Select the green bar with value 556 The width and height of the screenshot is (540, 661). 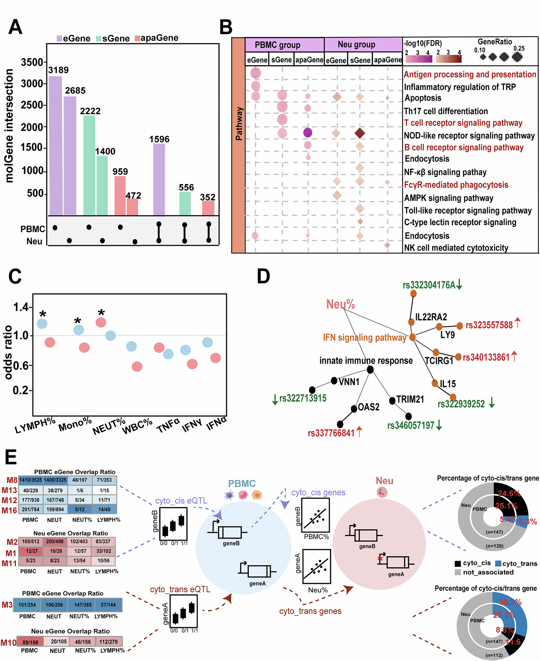185,203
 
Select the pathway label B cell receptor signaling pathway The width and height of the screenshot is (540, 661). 464,147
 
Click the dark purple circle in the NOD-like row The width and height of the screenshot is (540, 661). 307,133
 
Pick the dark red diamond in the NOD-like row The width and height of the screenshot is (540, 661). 360,133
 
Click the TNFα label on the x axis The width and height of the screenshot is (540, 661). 168,425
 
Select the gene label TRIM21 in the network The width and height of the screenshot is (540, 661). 410,399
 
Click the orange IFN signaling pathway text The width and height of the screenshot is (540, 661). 364,338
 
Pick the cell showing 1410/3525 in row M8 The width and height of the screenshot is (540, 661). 31,480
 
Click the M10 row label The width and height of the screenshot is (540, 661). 8,643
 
